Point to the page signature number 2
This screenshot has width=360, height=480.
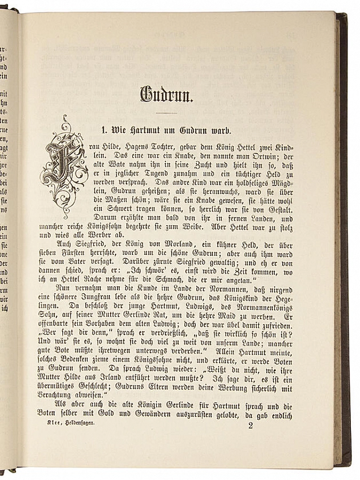point(250,425)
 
